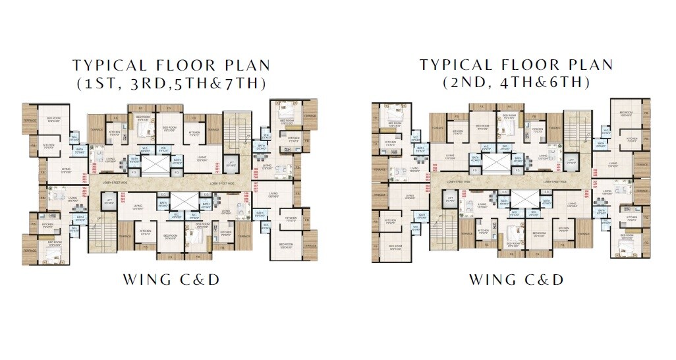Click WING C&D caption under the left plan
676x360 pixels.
click(x=171, y=279)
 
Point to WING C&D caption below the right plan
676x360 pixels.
click(x=517, y=279)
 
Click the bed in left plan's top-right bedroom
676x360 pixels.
click(x=288, y=108)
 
